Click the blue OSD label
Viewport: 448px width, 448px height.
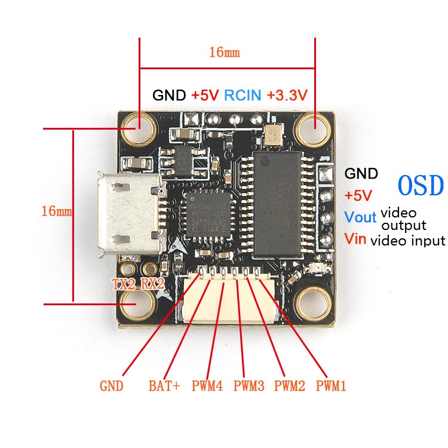(421, 186)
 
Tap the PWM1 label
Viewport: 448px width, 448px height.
(331, 386)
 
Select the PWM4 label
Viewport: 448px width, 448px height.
(207, 386)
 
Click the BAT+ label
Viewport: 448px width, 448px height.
(164, 386)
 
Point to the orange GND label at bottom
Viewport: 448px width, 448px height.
(112, 386)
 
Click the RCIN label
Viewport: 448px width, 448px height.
(243, 95)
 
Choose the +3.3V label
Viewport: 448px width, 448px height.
(287, 95)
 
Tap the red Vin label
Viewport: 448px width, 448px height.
(355, 238)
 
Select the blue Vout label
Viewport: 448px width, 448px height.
(360, 217)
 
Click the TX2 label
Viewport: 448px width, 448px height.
(124, 284)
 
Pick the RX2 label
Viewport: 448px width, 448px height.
(153, 284)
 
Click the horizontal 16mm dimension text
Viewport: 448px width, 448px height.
(225, 53)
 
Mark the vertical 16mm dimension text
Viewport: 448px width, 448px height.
(57, 211)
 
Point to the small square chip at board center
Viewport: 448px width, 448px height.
(208, 215)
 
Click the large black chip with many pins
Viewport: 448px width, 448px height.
(277, 204)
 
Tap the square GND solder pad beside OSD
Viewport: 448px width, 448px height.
(326, 174)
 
